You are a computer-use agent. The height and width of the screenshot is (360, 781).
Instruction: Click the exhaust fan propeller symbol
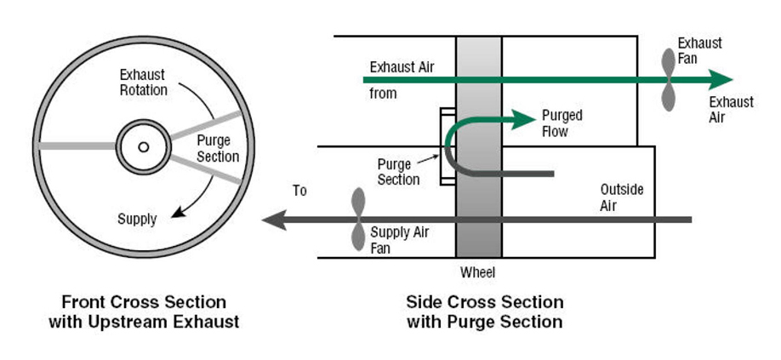[x=669, y=80]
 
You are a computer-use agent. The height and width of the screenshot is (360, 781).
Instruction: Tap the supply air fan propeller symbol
[x=358, y=220]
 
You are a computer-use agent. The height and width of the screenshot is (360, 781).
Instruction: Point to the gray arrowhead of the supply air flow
[x=274, y=220]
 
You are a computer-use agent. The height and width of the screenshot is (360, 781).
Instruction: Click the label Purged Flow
[x=561, y=123]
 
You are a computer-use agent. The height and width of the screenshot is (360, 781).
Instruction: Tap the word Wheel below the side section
[x=477, y=273]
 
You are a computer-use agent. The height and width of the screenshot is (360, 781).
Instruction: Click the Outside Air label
[x=622, y=197]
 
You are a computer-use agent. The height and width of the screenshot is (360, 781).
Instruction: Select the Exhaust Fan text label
[x=699, y=50]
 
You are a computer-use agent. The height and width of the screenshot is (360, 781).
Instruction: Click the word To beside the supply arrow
[x=299, y=191]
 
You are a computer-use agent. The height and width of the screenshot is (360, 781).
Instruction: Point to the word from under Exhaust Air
[x=383, y=93]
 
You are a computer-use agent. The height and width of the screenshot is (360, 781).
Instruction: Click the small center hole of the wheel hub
[x=144, y=147]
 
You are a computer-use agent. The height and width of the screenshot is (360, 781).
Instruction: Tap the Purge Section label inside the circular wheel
[x=218, y=148]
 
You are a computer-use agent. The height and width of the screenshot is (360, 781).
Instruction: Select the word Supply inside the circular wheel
[x=137, y=219]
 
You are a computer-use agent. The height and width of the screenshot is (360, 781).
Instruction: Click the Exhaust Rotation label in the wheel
[x=143, y=83]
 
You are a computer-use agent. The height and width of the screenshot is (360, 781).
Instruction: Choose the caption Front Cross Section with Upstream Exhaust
[x=144, y=311]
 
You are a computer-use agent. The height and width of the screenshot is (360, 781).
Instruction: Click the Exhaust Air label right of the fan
[x=731, y=110]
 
